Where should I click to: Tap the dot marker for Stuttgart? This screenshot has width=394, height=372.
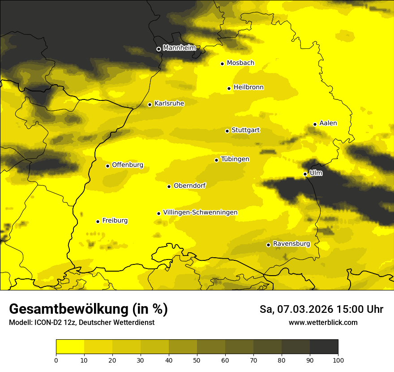227,131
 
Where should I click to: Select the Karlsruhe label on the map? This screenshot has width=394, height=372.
169,104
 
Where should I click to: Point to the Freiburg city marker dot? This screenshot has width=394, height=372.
98,221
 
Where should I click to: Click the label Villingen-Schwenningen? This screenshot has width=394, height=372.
200,212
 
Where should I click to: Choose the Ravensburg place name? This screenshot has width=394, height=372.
291,244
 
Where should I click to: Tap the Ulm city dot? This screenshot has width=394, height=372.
305,174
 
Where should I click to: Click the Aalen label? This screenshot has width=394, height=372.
328,123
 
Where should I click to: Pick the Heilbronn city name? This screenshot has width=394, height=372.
248,87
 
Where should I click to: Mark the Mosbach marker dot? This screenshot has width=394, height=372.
223,64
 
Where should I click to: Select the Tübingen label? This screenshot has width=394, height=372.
235,159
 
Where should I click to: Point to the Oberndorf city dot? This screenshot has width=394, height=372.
169,186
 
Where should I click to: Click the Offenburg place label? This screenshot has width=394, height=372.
128,165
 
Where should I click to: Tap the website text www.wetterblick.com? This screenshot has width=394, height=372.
323,322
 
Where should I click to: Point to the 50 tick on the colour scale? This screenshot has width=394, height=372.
197,359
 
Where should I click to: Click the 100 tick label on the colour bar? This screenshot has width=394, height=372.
338,359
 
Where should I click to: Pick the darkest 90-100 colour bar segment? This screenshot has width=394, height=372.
324,346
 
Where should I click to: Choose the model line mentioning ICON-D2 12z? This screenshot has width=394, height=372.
81,322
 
